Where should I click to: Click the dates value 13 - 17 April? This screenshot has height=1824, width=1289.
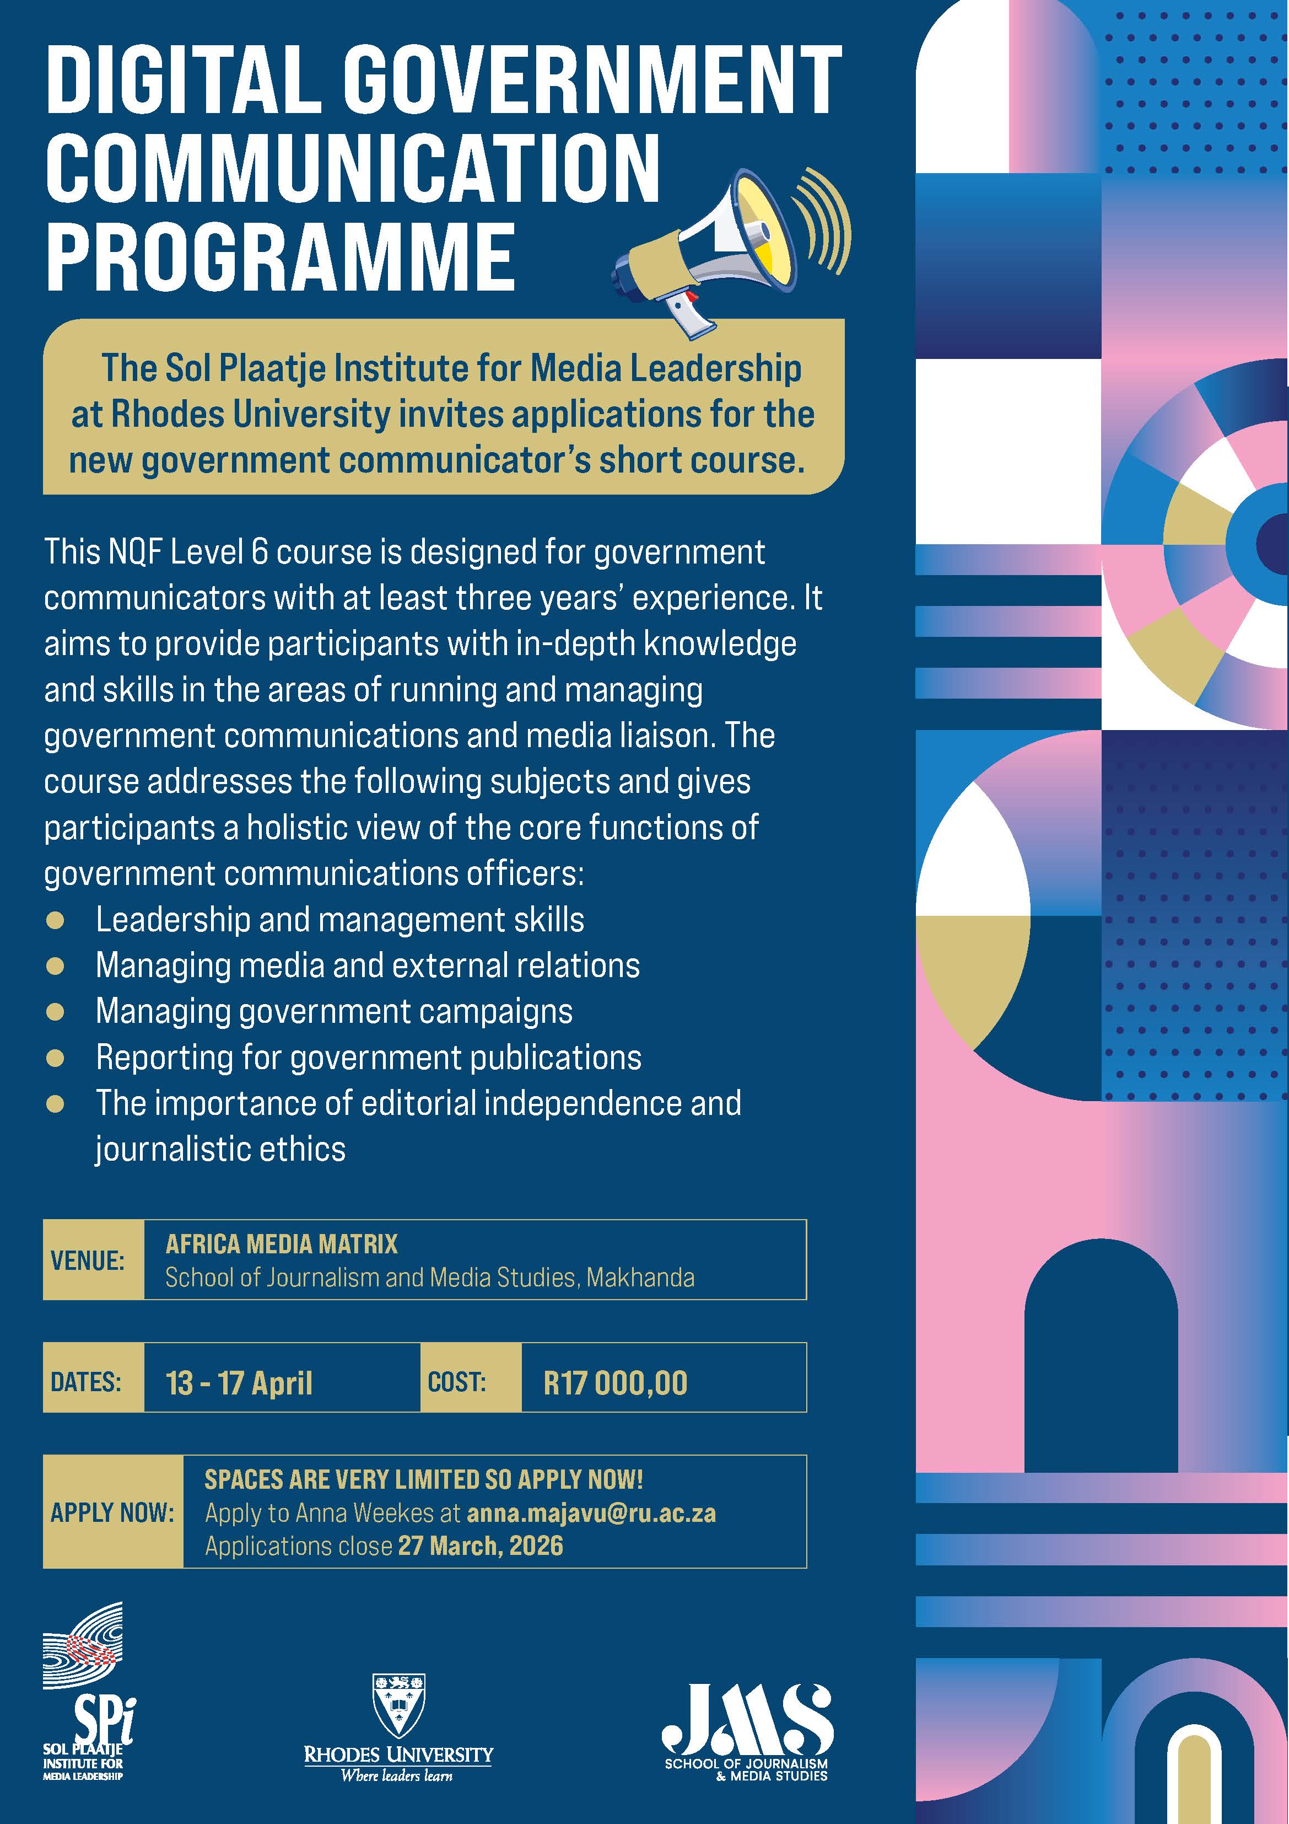coord(238,1383)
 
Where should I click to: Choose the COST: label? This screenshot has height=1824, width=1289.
coord(457,1382)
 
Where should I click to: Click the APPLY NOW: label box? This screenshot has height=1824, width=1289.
coord(112,1512)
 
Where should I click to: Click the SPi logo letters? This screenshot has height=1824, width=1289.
coord(104,1718)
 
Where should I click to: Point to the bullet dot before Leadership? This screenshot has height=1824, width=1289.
coord(55,921)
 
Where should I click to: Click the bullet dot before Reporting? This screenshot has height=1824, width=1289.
coord(55,1058)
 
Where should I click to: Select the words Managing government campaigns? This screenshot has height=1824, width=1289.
coord(333,1012)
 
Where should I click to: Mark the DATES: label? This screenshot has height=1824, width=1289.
coord(86,1382)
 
